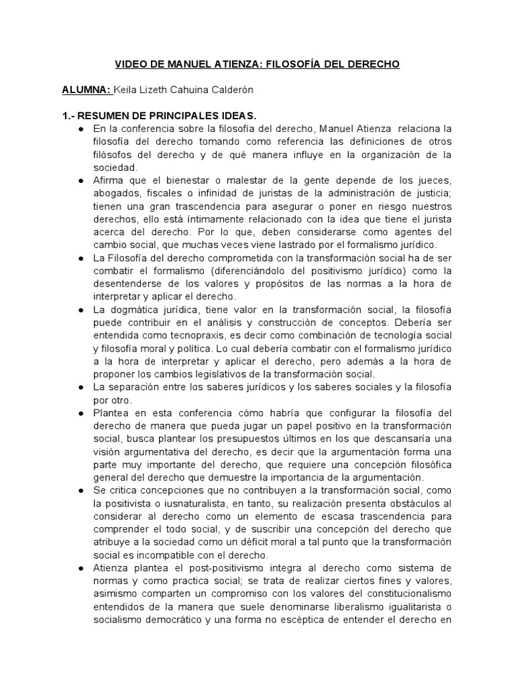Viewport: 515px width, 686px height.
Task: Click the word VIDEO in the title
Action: [x=131, y=64]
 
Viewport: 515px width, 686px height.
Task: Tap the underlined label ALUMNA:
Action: [x=87, y=89]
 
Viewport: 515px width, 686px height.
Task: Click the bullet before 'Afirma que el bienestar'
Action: [x=80, y=181]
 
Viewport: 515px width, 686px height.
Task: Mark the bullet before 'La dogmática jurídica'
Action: [x=80, y=309]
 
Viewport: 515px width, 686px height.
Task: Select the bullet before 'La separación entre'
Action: [x=80, y=387]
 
